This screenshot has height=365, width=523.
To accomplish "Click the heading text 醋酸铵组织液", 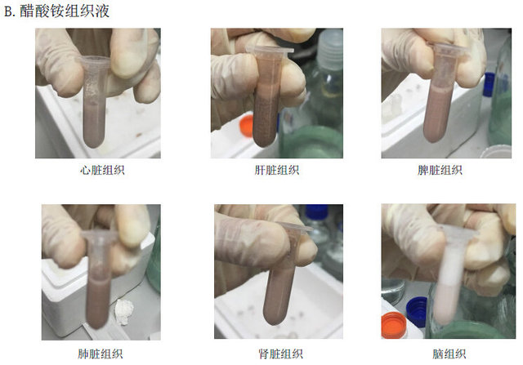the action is tap(65, 11).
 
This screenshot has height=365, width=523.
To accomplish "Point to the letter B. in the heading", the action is tap(10, 11).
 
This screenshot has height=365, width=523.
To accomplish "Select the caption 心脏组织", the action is tap(102, 170).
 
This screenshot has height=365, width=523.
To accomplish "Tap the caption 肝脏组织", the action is tap(277, 170).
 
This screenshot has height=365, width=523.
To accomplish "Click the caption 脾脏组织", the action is tap(440, 170).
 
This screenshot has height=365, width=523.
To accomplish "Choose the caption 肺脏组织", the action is tap(101, 354).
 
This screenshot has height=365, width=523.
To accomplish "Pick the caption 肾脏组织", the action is tap(281, 354).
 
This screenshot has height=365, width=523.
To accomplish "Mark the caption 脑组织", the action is tap(449, 354).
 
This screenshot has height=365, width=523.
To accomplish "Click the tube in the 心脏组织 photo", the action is tap(95, 102).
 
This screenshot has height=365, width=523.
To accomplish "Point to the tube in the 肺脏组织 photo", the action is tap(98, 278).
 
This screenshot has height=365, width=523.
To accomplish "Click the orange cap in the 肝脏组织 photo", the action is tap(247, 126).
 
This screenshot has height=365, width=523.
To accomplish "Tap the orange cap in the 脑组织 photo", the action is tap(394, 325).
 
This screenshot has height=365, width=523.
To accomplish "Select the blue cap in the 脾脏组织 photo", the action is tap(489, 85).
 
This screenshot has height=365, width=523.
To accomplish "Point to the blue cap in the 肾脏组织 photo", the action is tap(316, 212).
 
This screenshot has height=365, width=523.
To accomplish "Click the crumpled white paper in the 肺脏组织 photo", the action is tap(124, 312).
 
